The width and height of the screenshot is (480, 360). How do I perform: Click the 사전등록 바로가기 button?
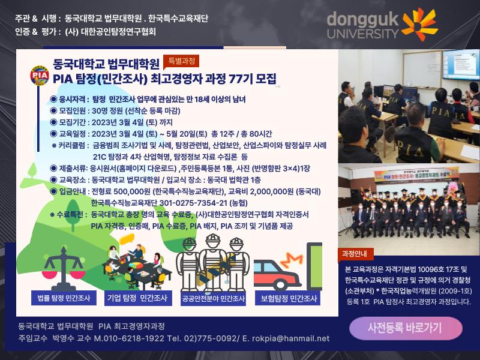coord(406,328)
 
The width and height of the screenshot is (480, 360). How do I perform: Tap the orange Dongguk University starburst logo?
coord(419,24)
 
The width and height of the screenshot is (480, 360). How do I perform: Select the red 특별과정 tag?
coord(181,61)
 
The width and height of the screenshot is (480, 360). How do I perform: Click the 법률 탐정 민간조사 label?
coord(64,298)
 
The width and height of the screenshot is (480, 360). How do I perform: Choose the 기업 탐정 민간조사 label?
coord(137,298)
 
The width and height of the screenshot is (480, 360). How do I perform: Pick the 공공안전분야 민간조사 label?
coord(214,298)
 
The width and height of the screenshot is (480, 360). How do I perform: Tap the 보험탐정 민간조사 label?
coord(288,298)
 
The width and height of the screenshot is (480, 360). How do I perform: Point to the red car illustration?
coord(278,275)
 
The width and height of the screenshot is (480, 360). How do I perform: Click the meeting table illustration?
coord(137,266)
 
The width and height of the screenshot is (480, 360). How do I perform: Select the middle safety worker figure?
coord(213,262)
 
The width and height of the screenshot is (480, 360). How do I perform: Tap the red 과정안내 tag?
coord(354,254)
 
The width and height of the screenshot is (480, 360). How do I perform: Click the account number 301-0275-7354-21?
coord(193,203)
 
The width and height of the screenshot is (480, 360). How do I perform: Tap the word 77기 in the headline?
coord(241,79)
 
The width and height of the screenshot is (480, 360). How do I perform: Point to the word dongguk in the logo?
coord(362,20)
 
